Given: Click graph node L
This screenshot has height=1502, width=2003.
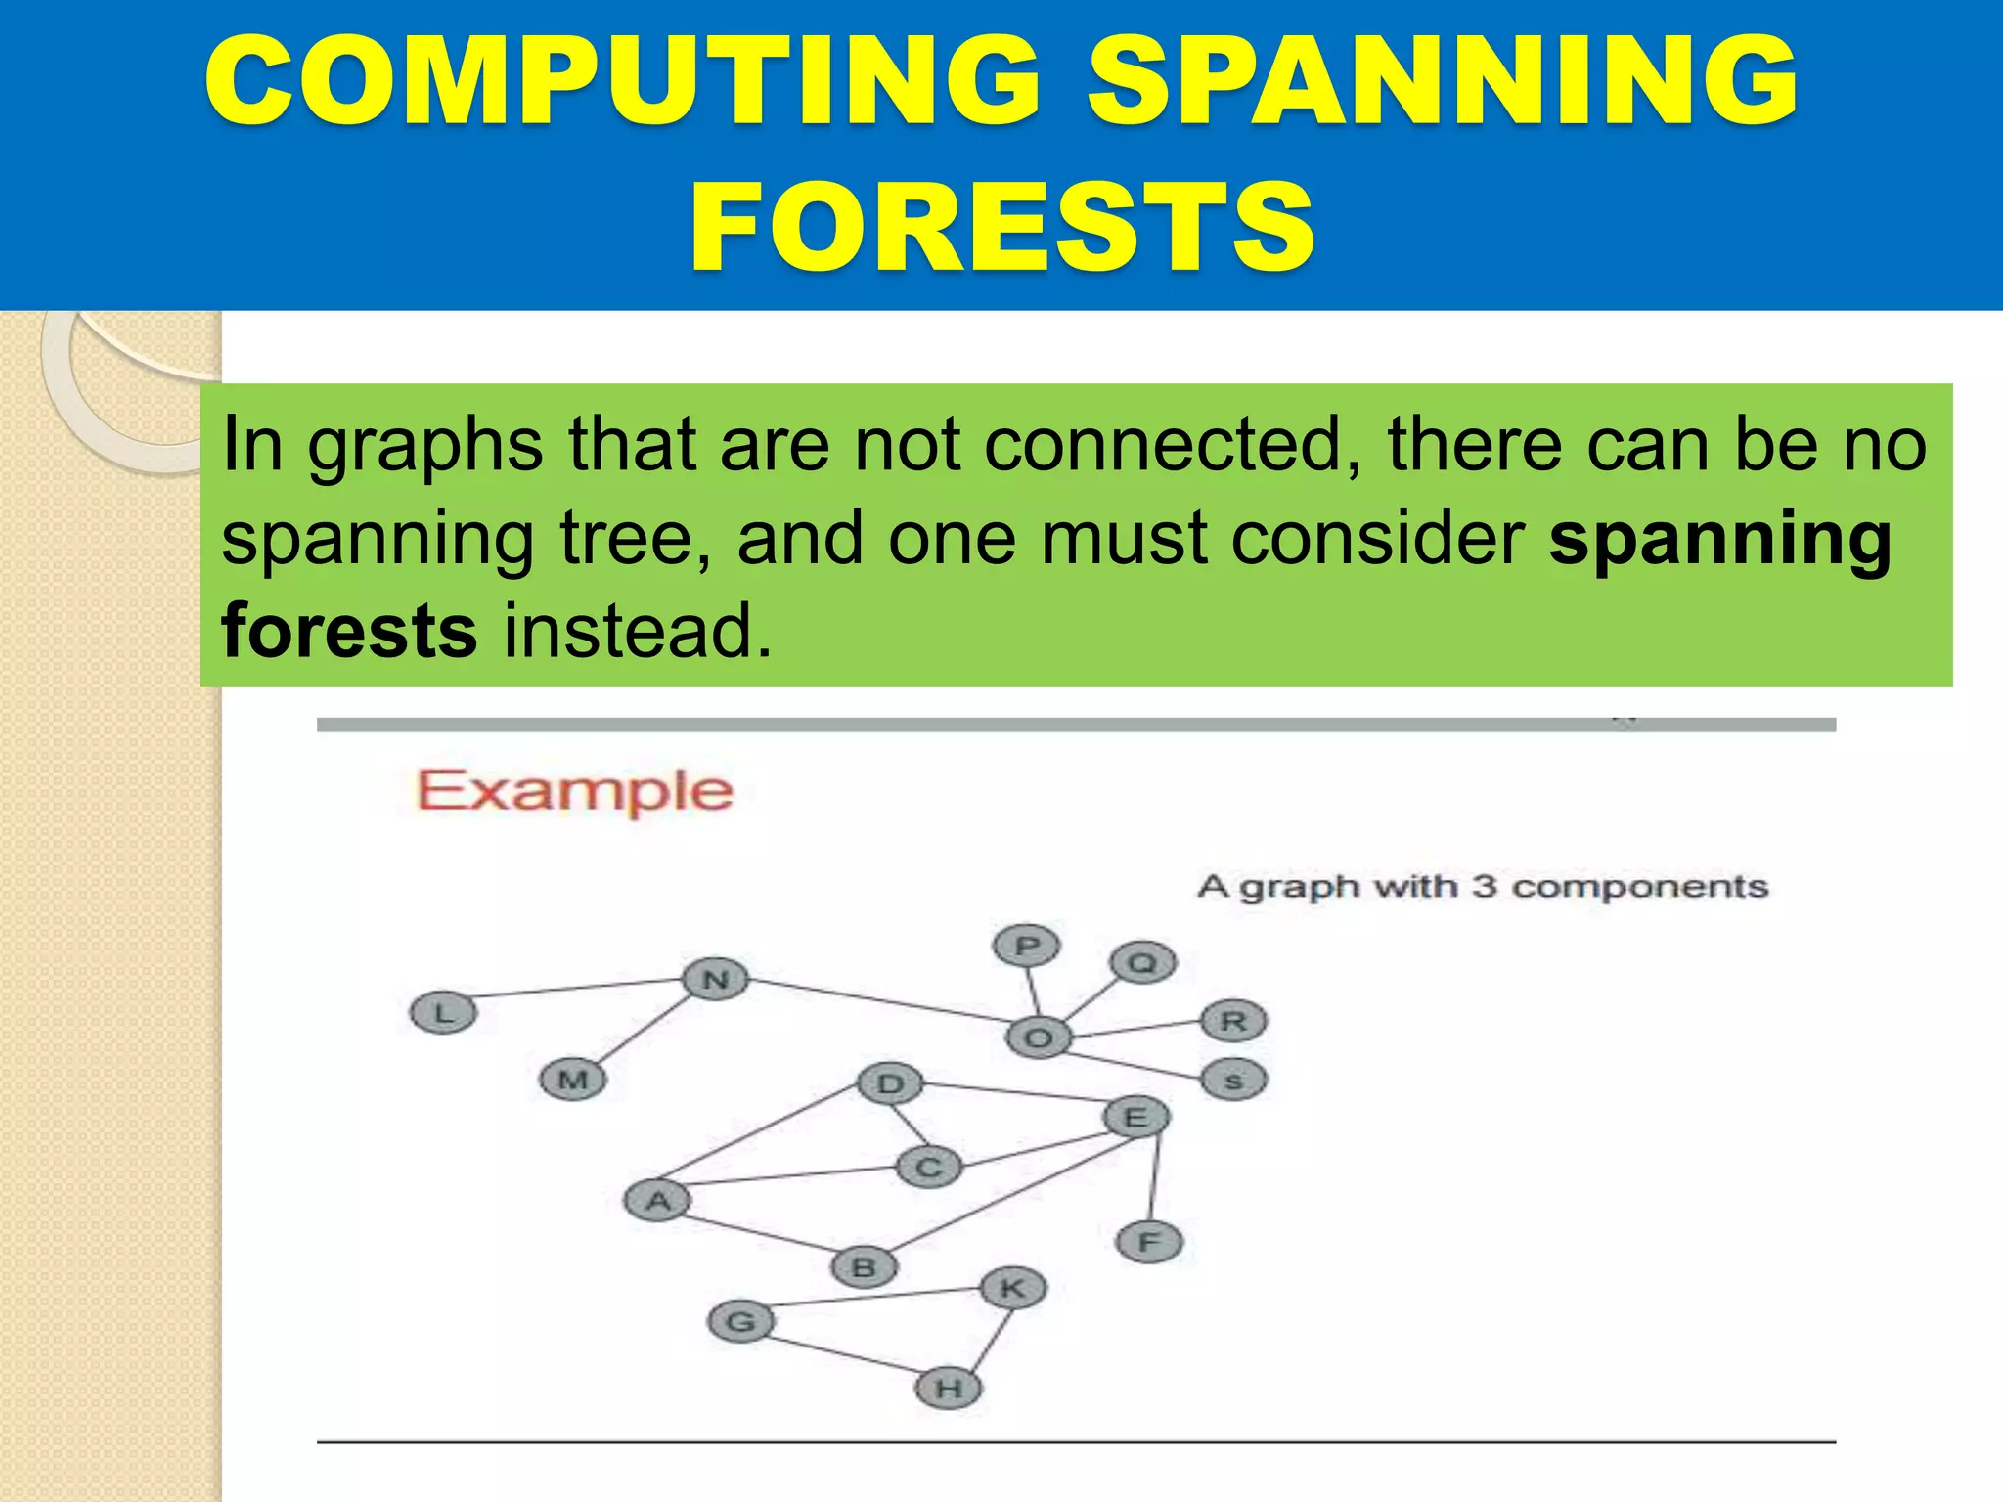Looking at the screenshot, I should click(x=443, y=1012).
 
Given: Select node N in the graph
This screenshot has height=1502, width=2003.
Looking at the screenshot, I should click(x=716, y=979).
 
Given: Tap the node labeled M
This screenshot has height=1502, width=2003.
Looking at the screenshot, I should click(x=573, y=1080).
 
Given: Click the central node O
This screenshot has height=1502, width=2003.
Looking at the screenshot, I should click(x=1038, y=1038).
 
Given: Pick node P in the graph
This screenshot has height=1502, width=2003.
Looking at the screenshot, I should click(x=1026, y=946).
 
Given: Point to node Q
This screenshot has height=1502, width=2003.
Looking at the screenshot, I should click(x=1142, y=963).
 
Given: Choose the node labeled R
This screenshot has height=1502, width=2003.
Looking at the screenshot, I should click(x=1233, y=1021).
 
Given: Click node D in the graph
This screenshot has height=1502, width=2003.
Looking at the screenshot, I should click(x=890, y=1083).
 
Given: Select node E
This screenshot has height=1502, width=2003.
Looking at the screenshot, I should click(x=1135, y=1117).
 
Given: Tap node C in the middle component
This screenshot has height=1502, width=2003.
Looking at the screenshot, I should click(x=929, y=1167).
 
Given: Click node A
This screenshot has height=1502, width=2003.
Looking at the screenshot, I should click(x=658, y=1200).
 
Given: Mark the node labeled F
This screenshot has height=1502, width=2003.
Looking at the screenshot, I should click(x=1149, y=1242).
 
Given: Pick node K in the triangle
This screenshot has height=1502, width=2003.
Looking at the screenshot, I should click(x=1012, y=1288).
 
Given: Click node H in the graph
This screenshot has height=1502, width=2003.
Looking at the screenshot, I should click(x=949, y=1388).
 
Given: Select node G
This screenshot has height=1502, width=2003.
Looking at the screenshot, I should click(x=741, y=1322).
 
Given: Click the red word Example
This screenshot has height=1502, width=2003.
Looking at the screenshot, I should click(x=575, y=791).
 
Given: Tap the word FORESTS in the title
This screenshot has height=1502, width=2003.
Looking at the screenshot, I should click(x=1001, y=227).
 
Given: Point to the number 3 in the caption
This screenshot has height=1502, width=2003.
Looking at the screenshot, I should click(x=1484, y=886).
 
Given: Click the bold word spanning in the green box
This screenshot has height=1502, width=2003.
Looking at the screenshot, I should click(x=1719, y=539).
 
